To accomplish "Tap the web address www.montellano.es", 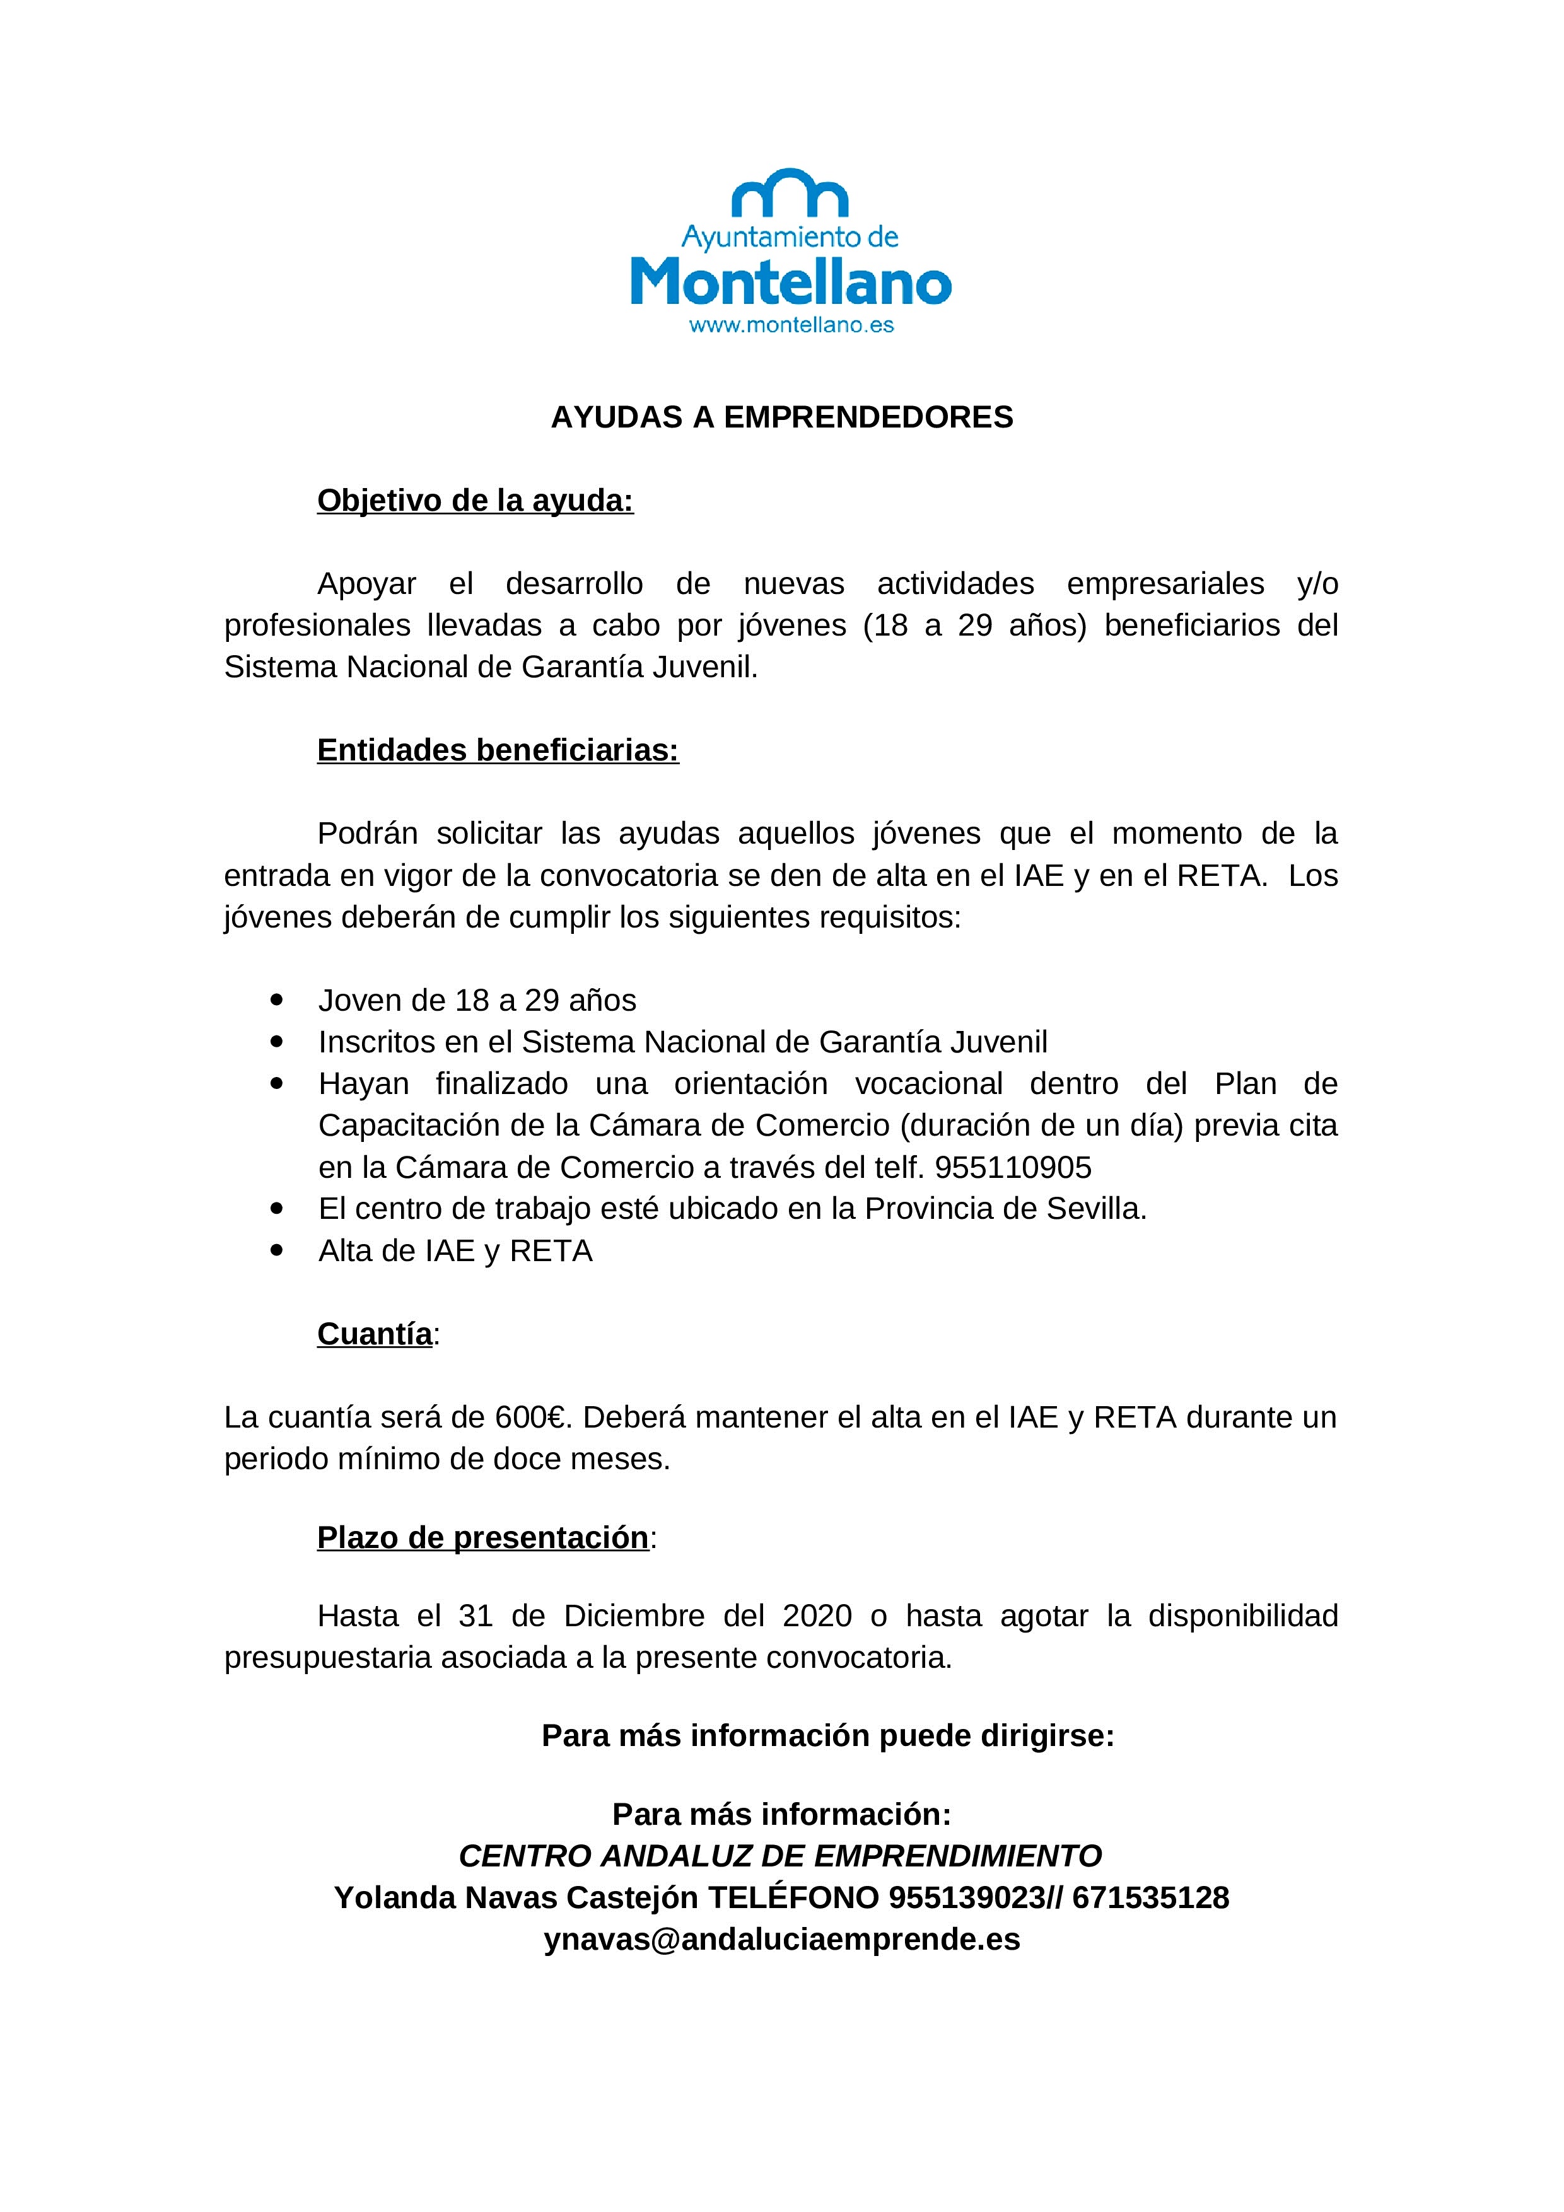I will (791, 325).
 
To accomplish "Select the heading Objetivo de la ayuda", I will (475, 500).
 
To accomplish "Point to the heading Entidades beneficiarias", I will (497, 750).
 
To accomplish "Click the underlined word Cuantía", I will (375, 1334).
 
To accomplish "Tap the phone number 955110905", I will (1013, 1167).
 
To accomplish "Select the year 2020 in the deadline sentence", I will (817, 1615).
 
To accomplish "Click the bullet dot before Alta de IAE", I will (277, 1250).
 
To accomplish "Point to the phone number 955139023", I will (967, 1897).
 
